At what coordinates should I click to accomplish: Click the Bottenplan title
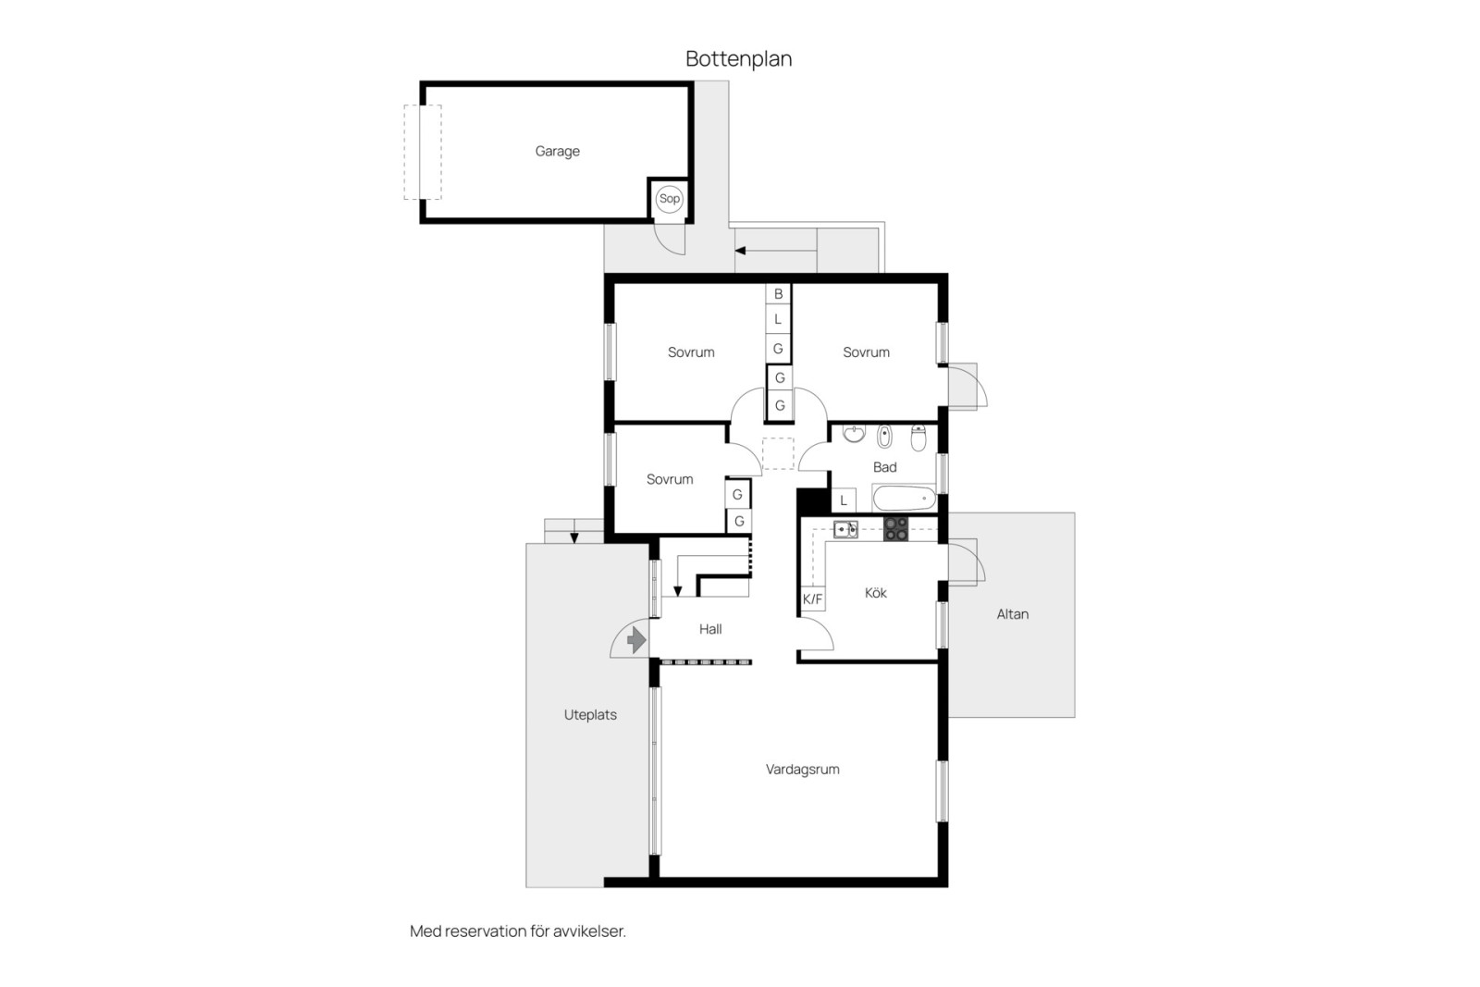click(739, 59)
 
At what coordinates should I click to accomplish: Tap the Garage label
click(557, 152)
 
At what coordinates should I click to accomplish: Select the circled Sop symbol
click(670, 198)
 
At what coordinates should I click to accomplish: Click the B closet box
click(778, 293)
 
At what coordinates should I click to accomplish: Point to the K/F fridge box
click(813, 598)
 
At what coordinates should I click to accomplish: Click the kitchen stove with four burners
click(896, 528)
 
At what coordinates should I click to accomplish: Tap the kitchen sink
click(845, 528)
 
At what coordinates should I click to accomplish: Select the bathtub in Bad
click(904, 498)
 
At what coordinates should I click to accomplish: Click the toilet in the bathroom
click(919, 438)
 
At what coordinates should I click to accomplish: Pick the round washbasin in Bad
click(855, 433)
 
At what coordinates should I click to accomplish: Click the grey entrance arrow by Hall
click(636, 639)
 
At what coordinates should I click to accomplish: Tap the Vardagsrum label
click(802, 769)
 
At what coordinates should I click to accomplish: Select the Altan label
click(1012, 614)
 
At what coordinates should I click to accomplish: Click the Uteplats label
click(590, 715)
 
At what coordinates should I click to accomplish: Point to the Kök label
click(875, 593)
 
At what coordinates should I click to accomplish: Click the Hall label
click(710, 629)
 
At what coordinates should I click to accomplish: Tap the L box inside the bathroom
click(844, 500)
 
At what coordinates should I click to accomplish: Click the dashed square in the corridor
click(778, 454)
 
